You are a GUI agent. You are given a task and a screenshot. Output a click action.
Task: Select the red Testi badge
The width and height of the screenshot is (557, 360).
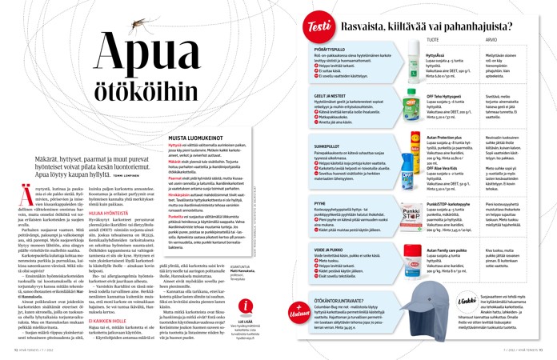[319, 29]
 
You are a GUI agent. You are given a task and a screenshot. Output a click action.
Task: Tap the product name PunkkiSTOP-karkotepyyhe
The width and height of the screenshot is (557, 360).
[447, 205]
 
